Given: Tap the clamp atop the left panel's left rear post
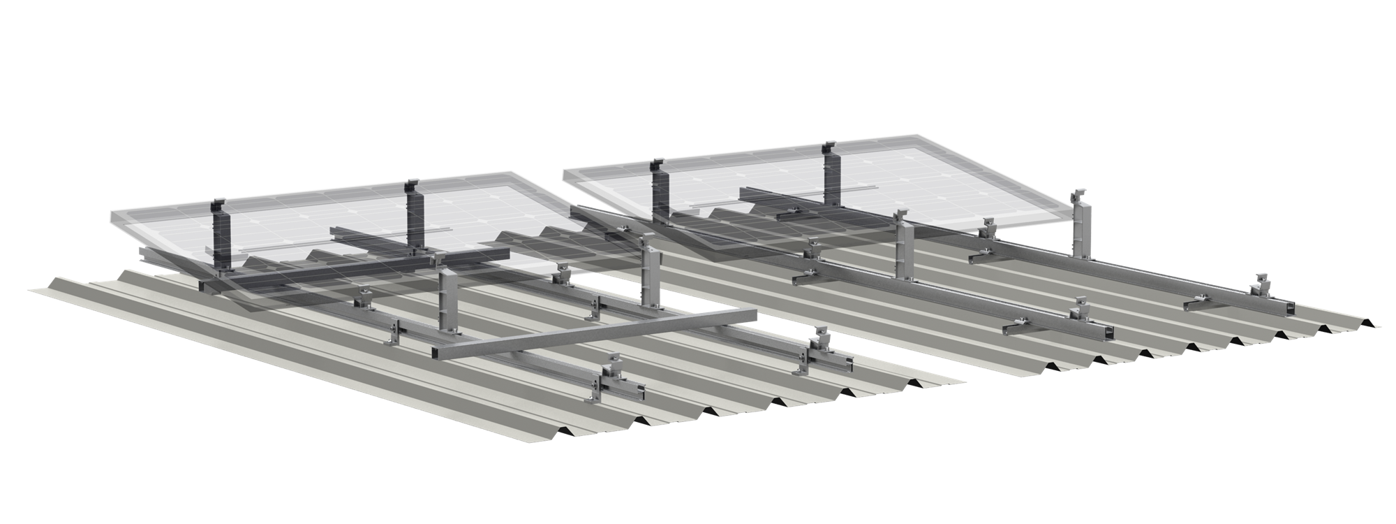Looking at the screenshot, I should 218,206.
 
